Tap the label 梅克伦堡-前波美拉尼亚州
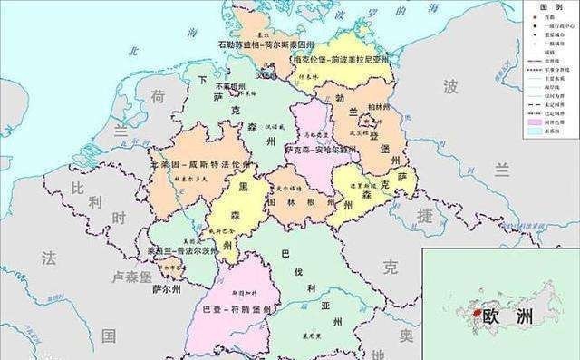pyautogui.click(x=340, y=60)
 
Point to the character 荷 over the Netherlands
pyautogui.click(x=156, y=96)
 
